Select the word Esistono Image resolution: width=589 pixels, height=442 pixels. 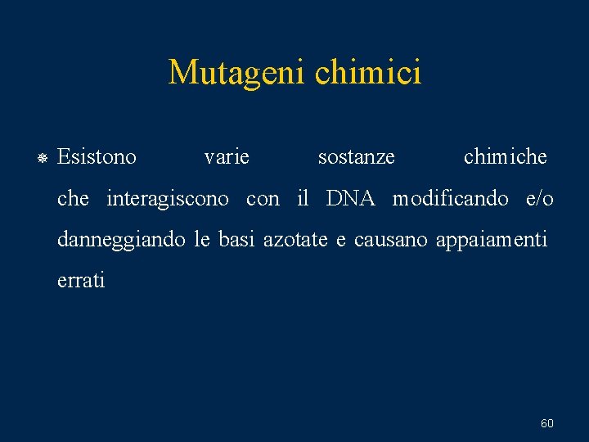[x=97, y=156]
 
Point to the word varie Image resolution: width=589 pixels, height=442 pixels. [x=227, y=156]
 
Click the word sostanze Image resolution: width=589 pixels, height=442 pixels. [x=356, y=156]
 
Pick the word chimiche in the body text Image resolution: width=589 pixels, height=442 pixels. [x=505, y=156]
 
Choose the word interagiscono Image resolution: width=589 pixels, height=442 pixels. [x=168, y=199]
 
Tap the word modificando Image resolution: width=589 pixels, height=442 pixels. [x=451, y=198]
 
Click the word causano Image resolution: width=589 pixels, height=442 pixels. [x=391, y=240]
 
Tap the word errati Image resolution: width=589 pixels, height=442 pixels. [x=81, y=281]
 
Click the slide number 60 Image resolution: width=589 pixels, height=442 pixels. [x=547, y=423]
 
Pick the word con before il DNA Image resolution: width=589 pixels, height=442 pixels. [x=263, y=198]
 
